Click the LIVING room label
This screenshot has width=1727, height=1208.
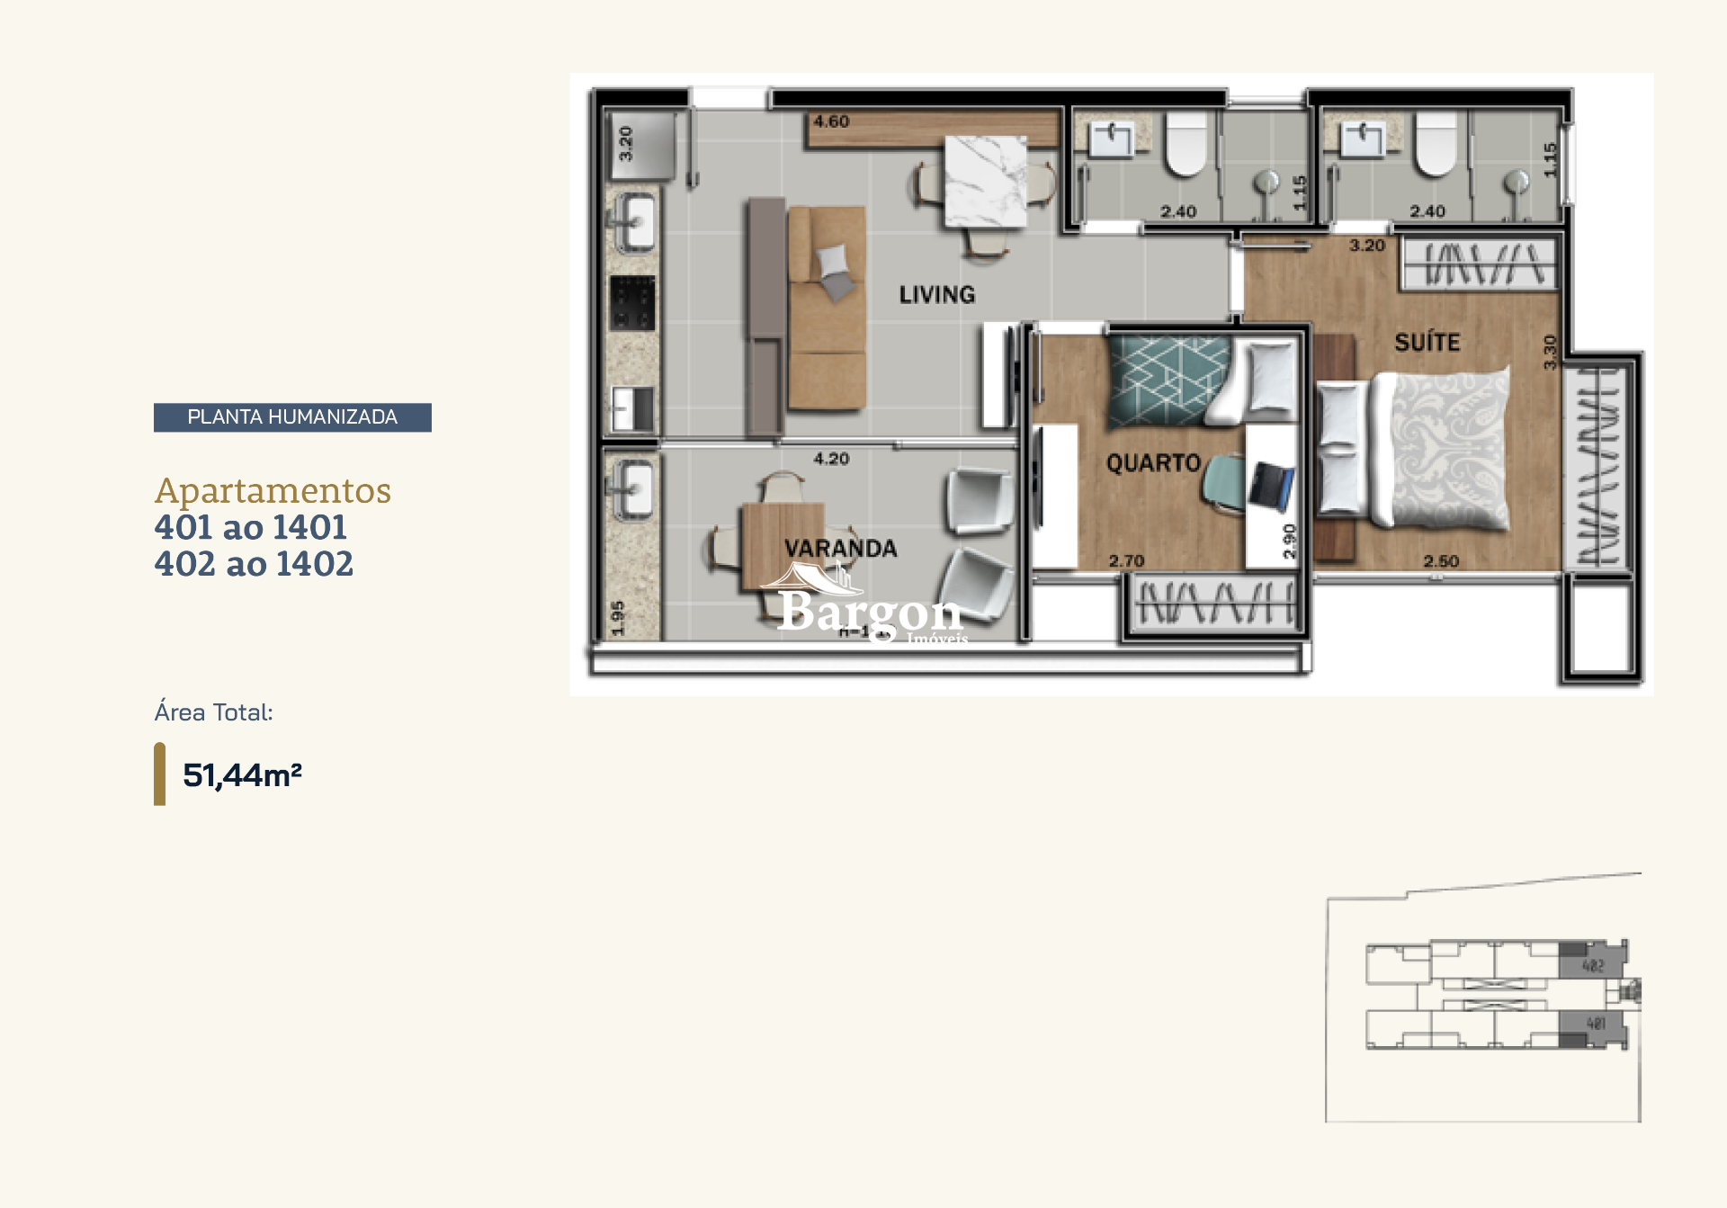(x=936, y=295)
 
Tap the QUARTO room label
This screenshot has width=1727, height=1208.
(x=1153, y=463)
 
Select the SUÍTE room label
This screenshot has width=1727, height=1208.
(x=1427, y=342)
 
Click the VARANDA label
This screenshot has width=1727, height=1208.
(x=840, y=549)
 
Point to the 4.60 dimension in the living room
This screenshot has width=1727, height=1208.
(x=831, y=121)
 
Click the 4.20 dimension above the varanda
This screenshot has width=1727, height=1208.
(x=831, y=459)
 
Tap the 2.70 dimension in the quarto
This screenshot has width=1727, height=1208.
(x=1126, y=561)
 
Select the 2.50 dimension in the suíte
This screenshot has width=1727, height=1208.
(x=1441, y=561)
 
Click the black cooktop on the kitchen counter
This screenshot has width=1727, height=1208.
(x=632, y=303)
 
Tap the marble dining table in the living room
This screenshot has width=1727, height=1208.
(x=985, y=182)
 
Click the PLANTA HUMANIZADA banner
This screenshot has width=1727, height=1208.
(x=292, y=417)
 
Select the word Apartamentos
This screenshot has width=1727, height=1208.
(x=273, y=491)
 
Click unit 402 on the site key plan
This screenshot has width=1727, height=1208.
(x=1593, y=966)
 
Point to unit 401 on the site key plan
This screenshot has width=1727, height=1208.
(x=1596, y=1024)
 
